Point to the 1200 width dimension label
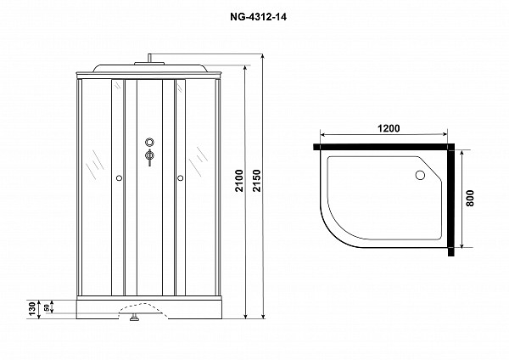(x=388, y=128)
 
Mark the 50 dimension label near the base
(x=48, y=305)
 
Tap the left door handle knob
(x=118, y=178)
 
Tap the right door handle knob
(x=181, y=178)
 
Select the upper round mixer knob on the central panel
(x=149, y=143)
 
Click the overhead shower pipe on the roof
(x=149, y=59)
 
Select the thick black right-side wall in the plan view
(x=454, y=200)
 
